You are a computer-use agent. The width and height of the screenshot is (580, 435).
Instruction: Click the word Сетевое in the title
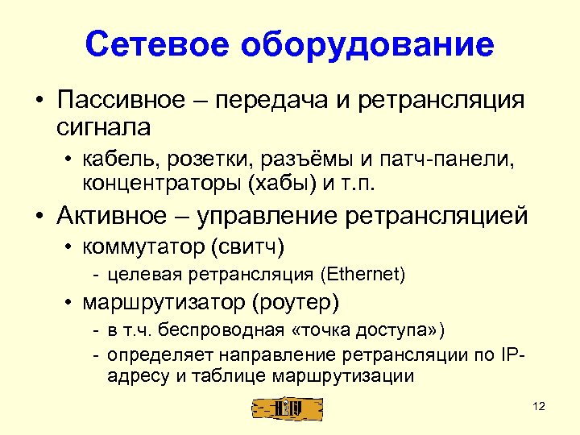158,45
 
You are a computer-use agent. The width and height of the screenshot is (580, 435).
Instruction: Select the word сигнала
104,126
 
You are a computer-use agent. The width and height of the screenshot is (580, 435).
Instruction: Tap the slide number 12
539,407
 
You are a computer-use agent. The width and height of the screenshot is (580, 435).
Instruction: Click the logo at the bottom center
288,408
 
